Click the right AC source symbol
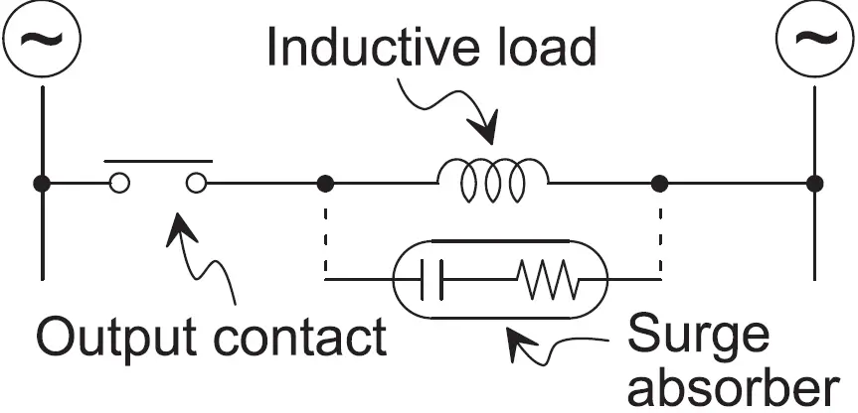815,40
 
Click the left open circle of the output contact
119,183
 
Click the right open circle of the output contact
196,183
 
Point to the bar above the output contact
158,158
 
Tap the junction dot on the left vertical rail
42,183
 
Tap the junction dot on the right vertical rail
815,183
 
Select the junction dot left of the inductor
324,183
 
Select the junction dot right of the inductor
659,183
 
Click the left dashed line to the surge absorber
324,233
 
